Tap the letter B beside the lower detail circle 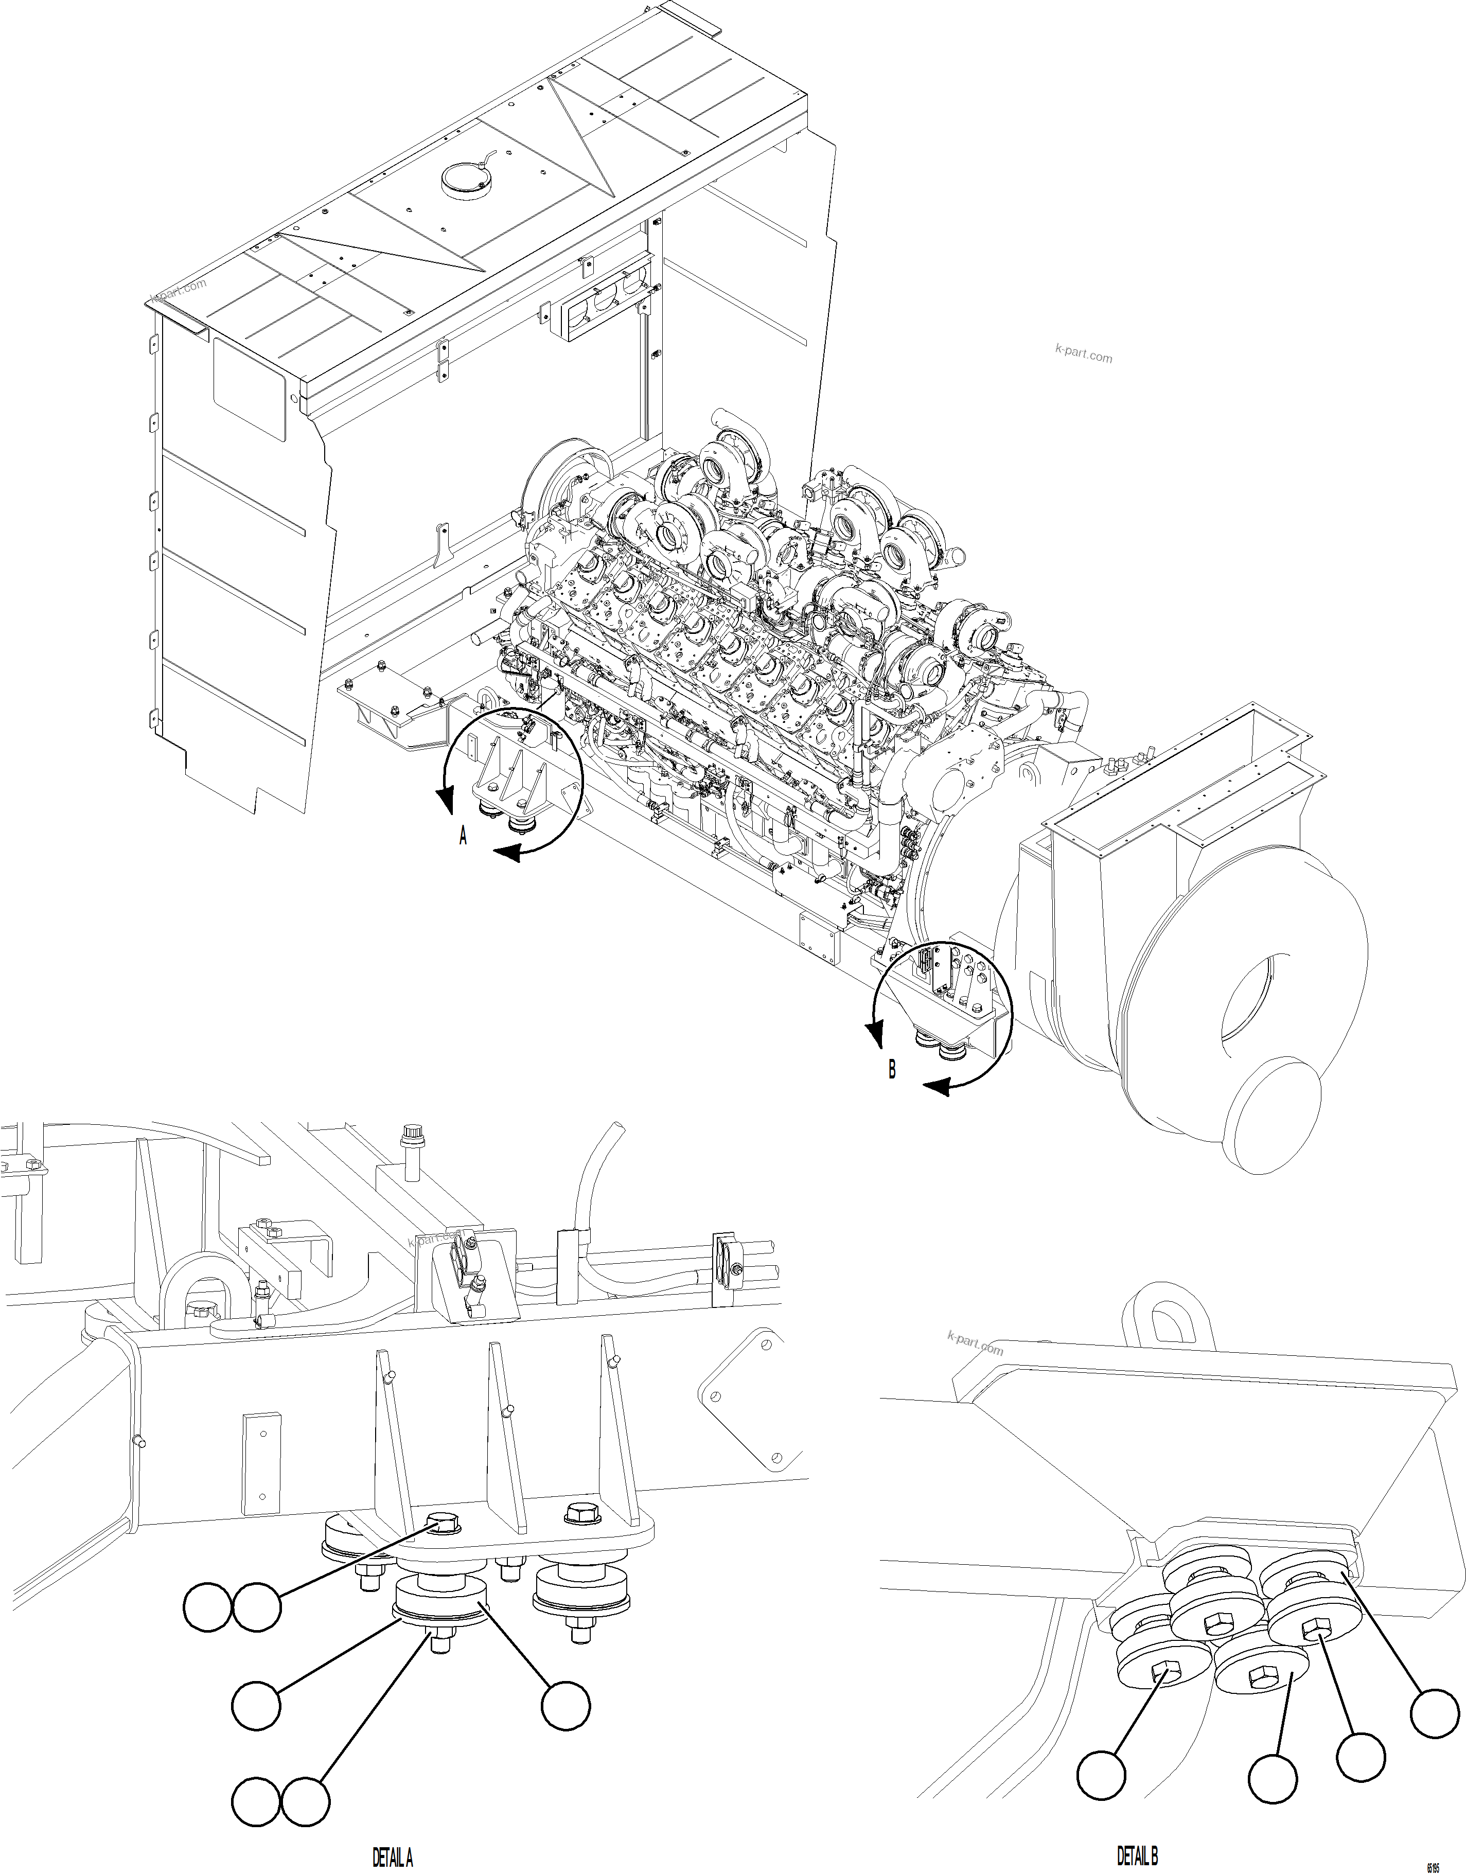tap(892, 1070)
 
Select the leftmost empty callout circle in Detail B tap(1101, 1775)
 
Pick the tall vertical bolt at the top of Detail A tap(410, 1158)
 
